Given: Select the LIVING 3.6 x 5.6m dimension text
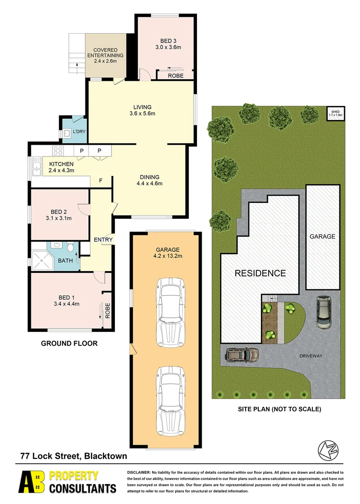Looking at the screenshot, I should click(x=142, y=113).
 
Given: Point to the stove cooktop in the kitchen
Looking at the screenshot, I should click(x=58, y=151).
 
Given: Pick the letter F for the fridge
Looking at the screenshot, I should click(x=100, y=181).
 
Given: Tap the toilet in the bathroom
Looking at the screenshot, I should click(x=70, y=246).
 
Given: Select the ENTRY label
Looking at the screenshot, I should click(x=103, y=240).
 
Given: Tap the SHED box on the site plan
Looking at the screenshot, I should click(x=336, y=113).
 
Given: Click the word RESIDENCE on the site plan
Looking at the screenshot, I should click(x=260, y=273).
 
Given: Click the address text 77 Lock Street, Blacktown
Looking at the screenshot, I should click(x=73, y=456).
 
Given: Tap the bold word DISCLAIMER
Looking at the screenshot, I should click(x=139, y=473).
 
